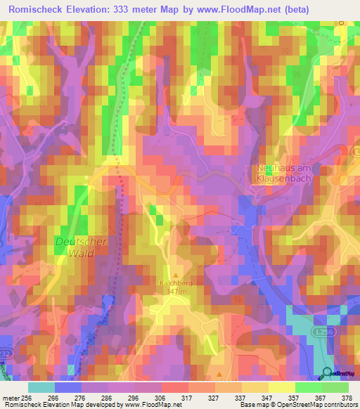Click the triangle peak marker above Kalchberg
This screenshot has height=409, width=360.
[x=176, y=273]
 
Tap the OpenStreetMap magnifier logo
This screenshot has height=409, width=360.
[x=326, y=373]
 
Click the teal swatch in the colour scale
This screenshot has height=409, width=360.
[x=41, y=387]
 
